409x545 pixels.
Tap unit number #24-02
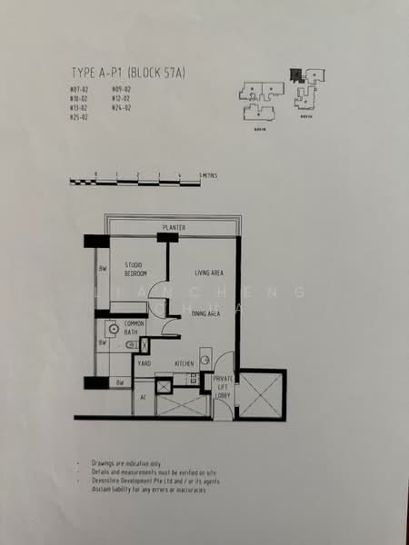click(x=122, y=107)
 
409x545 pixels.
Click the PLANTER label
click(x=175, y=227)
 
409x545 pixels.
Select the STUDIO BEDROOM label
click(x=137, y=269)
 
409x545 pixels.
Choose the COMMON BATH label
click(x=135, y=328)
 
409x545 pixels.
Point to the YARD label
click(x=144, y=363)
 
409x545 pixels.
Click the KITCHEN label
click(x=185, y=363)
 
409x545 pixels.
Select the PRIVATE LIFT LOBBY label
click(x=224, y=385)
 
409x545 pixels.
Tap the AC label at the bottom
click(x=144, y=398)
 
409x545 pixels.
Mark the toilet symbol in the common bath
click(x=132, y=345)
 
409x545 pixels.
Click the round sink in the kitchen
click(x=205, y=361)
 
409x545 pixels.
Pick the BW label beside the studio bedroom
click(x=103, y=269)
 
